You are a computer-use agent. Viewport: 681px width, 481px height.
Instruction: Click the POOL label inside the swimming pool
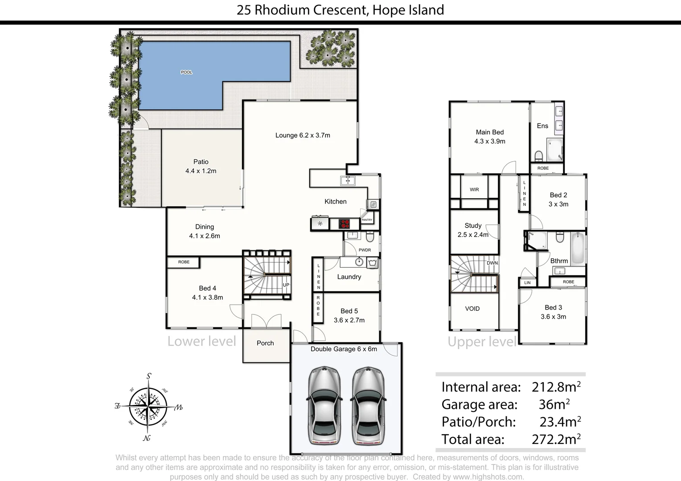[186, 72]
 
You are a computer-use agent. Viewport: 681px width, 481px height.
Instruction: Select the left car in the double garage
[324, 406]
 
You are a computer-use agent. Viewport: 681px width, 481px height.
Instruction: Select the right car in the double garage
[368, 406]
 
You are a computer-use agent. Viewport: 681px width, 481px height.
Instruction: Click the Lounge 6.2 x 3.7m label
[303, 135]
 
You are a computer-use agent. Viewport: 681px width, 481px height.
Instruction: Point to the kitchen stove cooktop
[344, 224]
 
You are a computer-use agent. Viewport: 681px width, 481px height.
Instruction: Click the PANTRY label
[367, 220]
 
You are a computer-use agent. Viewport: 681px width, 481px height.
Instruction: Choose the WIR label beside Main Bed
[474, 190]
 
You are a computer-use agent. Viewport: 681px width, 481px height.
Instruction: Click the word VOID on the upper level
[472, 309]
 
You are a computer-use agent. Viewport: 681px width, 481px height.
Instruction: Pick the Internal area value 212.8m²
[556, 387]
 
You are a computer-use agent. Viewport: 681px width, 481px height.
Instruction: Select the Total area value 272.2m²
[556, 440]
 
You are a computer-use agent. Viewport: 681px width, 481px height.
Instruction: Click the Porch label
[265, 343]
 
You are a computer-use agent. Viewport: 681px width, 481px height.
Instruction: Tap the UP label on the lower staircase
[286, 285]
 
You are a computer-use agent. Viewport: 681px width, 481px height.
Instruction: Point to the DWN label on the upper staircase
[492, 263]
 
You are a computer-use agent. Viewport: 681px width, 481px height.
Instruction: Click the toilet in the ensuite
[538, 156]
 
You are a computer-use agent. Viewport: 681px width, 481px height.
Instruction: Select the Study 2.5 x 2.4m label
[473, 230]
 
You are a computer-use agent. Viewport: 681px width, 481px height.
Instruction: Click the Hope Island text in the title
[408, 10]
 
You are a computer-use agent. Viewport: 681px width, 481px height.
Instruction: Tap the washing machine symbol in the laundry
[373, 262]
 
